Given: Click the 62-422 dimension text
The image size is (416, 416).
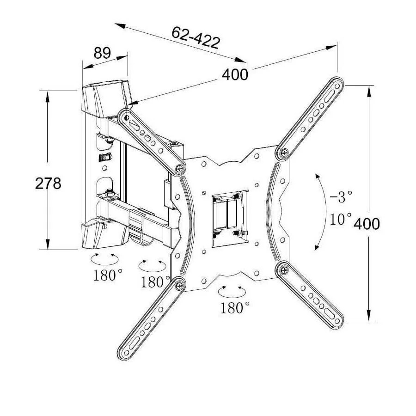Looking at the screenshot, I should (196, 38).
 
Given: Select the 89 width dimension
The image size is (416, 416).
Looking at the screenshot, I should (102, 53).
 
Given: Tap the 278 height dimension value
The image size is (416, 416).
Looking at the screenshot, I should (48, 184).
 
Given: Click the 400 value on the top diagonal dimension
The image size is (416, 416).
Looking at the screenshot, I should (235, 74).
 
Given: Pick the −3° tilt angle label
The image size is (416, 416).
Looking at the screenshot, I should (341, 197).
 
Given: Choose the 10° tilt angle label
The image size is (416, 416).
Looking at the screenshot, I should (341, 219).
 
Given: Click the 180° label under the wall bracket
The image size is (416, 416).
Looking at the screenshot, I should (108, 275).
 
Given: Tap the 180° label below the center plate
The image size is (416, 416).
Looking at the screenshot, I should (235, 307).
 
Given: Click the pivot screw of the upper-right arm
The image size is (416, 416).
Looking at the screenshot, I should (284, 151).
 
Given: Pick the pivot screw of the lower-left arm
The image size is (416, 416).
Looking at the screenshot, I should (178, 285).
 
